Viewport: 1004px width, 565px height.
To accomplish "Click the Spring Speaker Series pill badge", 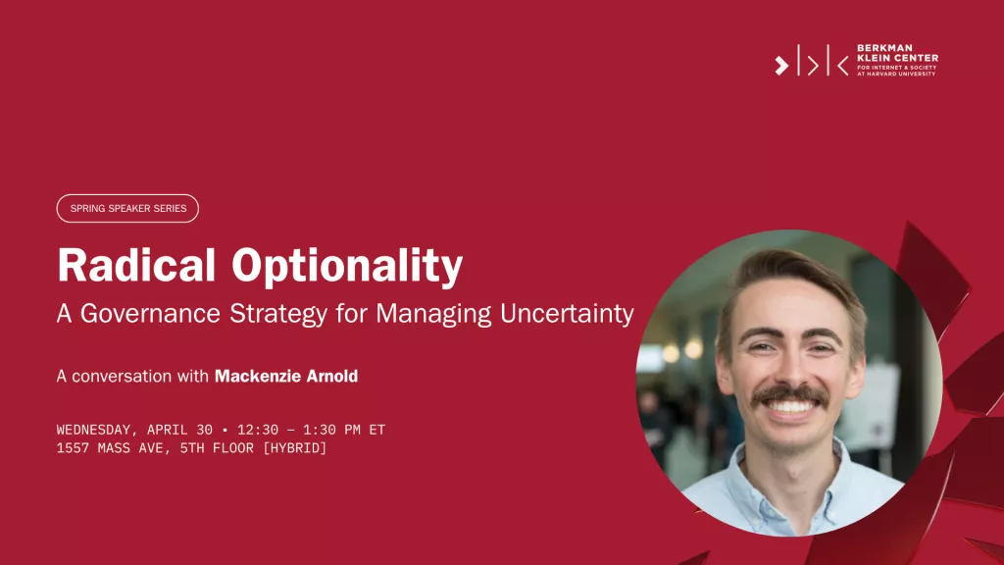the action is point(127,208).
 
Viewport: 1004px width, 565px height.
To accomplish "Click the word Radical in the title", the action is point(136,265).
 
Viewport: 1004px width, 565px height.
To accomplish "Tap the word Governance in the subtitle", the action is point(150,314).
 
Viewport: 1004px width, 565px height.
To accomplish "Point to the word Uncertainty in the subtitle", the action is point(567,314).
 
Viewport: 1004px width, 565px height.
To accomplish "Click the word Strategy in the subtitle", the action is point(278,314).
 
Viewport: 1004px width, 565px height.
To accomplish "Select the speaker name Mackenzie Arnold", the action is point(286,376).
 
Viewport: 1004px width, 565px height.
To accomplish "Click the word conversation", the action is point(122,376).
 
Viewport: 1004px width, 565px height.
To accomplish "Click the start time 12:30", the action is point(258,430).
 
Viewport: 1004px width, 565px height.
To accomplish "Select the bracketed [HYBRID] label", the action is point(294,448).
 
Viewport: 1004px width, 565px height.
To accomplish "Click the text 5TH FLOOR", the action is point(217,448).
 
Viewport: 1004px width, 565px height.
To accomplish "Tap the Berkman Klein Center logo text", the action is point(897,60).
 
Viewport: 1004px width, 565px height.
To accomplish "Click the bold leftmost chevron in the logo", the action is point(781,66).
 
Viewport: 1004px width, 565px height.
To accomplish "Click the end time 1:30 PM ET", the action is point(344,430).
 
